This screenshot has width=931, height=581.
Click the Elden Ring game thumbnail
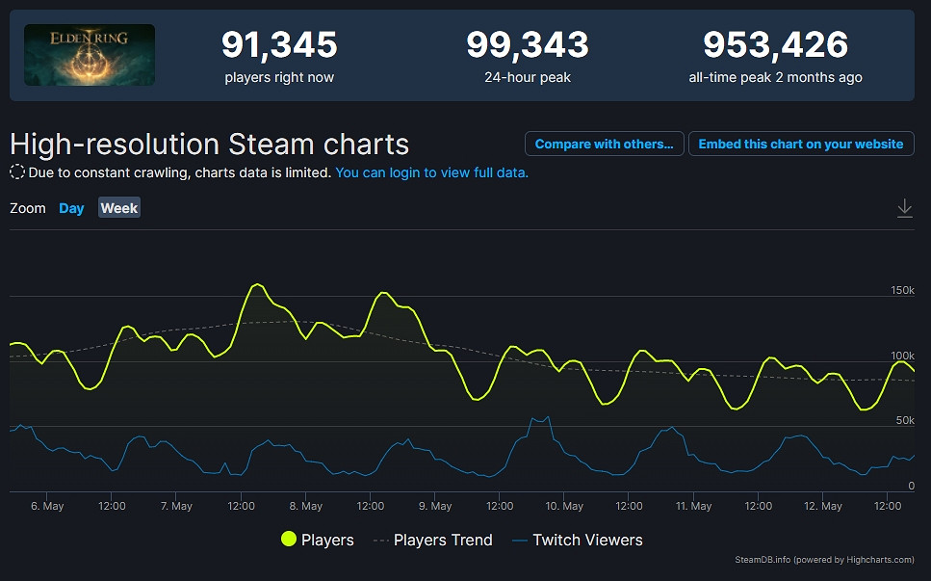[89, 55]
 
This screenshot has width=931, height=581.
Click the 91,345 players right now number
[279, 44]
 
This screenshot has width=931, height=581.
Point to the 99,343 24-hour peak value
[527, 44]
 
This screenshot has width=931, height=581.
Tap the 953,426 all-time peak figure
[775, 44]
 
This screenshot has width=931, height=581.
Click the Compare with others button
[604, 144]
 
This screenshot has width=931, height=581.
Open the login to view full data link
[431, 172]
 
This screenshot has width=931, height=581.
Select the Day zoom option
[71, 208]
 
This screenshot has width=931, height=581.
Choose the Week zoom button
[119, 208]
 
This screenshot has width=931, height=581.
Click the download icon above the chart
[904, 208]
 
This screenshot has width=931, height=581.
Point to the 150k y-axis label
[902, 290]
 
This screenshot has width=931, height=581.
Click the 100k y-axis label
[902, 356]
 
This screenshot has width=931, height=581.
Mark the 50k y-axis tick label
[905, 420]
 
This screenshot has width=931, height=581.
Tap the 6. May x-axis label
[47, 506]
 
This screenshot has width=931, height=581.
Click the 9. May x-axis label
[435, 506]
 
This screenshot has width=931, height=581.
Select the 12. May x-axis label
[823, 506]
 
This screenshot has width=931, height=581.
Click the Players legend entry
[317, 540]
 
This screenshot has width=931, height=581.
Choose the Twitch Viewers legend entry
[577, 540]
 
